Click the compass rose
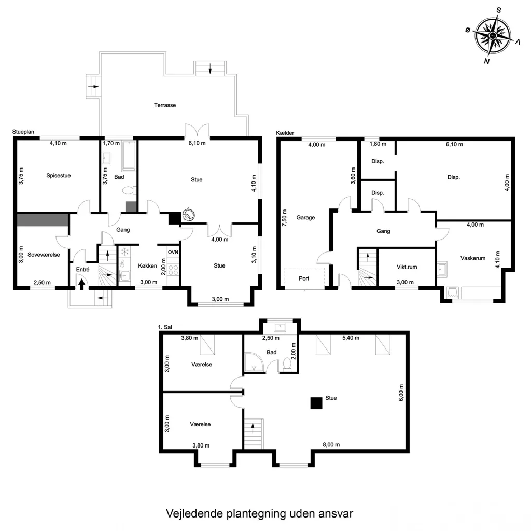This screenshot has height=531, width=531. tap(493, 35)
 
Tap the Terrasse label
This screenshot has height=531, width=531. tap(165, 105)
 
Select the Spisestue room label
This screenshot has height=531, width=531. tap(59, 175)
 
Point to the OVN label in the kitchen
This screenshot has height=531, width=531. tap(173, 253)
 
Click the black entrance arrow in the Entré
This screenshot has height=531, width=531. tap(81, 284)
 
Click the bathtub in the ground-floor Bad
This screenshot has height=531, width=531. tap(129, 156)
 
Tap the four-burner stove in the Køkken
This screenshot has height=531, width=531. tap(173, 270)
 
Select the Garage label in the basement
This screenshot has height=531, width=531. tap(305, 218)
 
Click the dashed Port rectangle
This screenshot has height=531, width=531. tap(304, 278)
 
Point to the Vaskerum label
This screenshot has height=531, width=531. tap(473, 258)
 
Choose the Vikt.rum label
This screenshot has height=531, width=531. tap(407, 267)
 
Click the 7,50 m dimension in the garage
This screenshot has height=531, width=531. tap(285, 218)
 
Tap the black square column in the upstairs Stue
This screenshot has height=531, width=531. tap(316, 403)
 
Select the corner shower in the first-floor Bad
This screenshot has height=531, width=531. tap(253, 362)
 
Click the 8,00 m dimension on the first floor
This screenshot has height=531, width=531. tap(331, 444)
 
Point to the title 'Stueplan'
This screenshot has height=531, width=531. tap(23, 132)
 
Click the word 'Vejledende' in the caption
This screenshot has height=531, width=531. tap(194, 513)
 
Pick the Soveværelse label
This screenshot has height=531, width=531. tap(44, 255)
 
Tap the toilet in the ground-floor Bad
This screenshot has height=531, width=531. tap(129, 190)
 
